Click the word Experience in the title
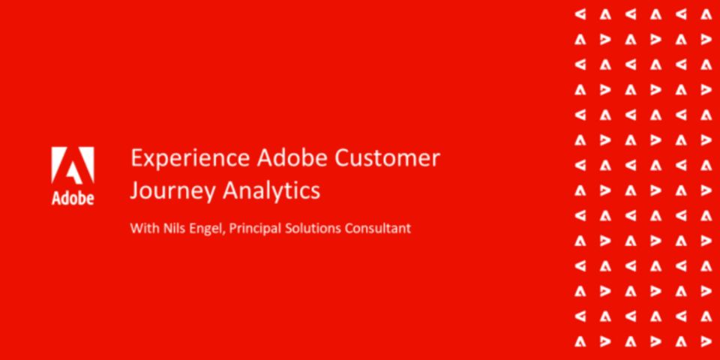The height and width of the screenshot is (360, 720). point(190,159)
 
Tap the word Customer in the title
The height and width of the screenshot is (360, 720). point(387,158)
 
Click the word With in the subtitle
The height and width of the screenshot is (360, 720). point(144,228)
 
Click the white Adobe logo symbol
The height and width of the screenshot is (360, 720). point(73,165)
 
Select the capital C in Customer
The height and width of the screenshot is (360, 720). point(342,158)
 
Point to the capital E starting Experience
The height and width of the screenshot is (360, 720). point(136,158)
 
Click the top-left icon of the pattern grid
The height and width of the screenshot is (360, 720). point(580,15)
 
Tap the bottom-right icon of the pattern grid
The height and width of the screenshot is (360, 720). point(706,341)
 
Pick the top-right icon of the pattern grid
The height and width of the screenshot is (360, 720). point(706,15)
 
